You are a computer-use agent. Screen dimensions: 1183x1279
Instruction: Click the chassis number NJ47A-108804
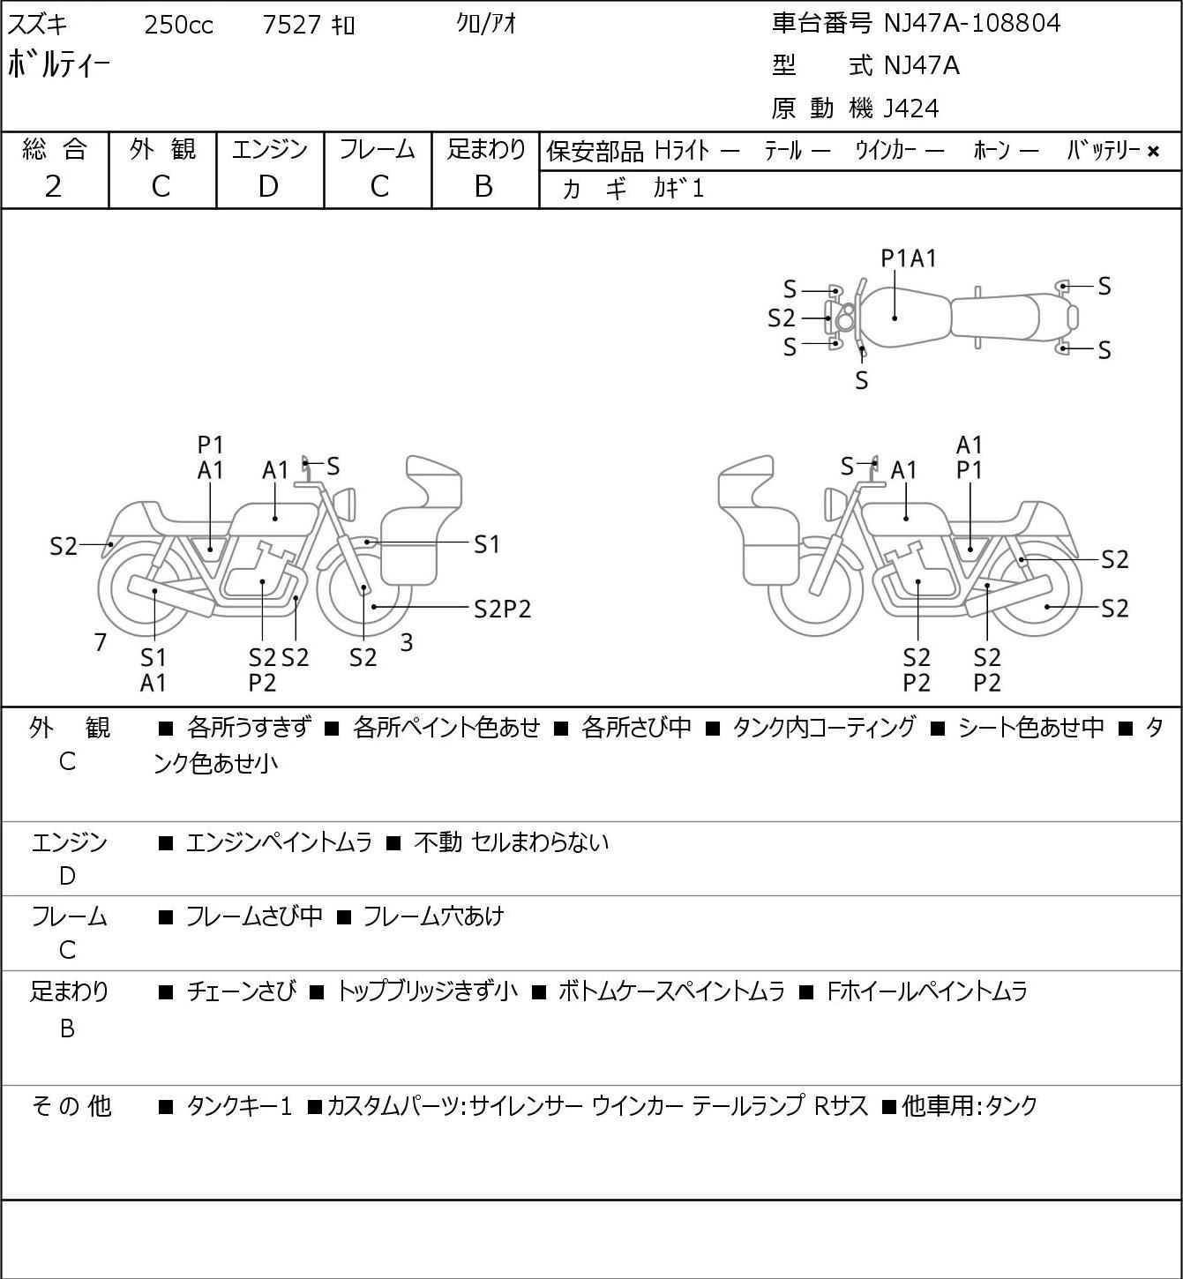971,23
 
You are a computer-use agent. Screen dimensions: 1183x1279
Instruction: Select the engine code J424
911,108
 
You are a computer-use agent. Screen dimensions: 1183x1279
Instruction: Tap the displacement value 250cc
178,25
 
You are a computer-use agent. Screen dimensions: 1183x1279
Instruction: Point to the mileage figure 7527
291,25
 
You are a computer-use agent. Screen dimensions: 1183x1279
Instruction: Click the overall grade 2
54,187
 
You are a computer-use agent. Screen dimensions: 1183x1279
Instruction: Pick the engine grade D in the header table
269,187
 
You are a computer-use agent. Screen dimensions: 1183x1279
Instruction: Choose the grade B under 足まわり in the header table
484,187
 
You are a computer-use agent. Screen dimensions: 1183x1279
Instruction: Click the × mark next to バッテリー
1153,152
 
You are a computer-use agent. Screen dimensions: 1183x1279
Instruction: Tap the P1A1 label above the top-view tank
909,258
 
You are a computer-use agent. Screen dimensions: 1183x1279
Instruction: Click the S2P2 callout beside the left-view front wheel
503,610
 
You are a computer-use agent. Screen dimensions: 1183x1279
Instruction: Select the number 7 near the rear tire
100,642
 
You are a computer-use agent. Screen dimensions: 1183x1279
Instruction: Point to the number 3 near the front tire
406,642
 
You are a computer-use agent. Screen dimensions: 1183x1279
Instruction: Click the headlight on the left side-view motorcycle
345,504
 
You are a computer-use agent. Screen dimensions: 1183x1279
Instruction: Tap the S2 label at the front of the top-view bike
782,318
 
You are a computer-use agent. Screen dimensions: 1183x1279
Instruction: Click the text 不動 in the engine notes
438,842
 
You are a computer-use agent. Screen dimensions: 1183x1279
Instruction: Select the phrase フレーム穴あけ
434,916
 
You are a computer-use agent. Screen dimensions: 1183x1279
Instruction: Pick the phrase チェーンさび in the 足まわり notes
242,991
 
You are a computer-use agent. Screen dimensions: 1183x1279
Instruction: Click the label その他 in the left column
71,1106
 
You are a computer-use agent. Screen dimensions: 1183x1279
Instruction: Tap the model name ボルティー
58,64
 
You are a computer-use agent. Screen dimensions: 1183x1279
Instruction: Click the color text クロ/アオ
486,25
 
